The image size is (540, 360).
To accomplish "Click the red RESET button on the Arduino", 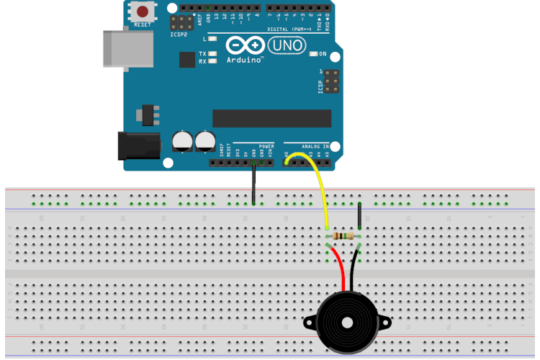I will pyautogui.click(x=143, y=12).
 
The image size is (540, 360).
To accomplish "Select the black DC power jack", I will pyautogui.click(x=138, y=146).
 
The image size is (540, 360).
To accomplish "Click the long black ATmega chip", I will pyautogui.click(x=271, y=119).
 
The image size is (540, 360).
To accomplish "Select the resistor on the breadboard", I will pyautogui.click(x=344, y=236).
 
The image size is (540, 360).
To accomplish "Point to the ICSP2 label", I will pyautogui.click(x=179, y=34).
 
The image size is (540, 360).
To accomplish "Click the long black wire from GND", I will pyautogui.click(x=253, y=184).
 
